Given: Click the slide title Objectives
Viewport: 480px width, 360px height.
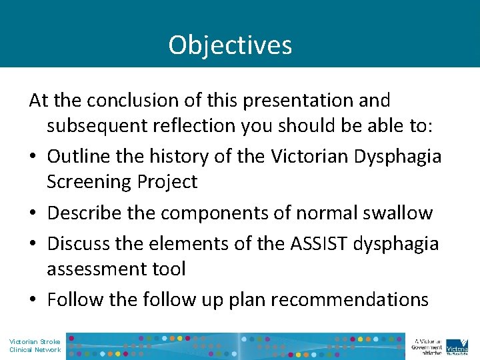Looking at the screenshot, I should [x=230, y=45].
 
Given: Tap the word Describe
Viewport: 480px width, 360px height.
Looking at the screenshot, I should [x=88, y=213].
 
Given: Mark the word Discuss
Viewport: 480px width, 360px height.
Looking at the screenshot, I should [x=79, y=244].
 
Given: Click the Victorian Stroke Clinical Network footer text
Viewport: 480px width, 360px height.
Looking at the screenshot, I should [x=35, y=345].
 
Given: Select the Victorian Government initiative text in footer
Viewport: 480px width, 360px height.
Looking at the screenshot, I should [x=427, y=345].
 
